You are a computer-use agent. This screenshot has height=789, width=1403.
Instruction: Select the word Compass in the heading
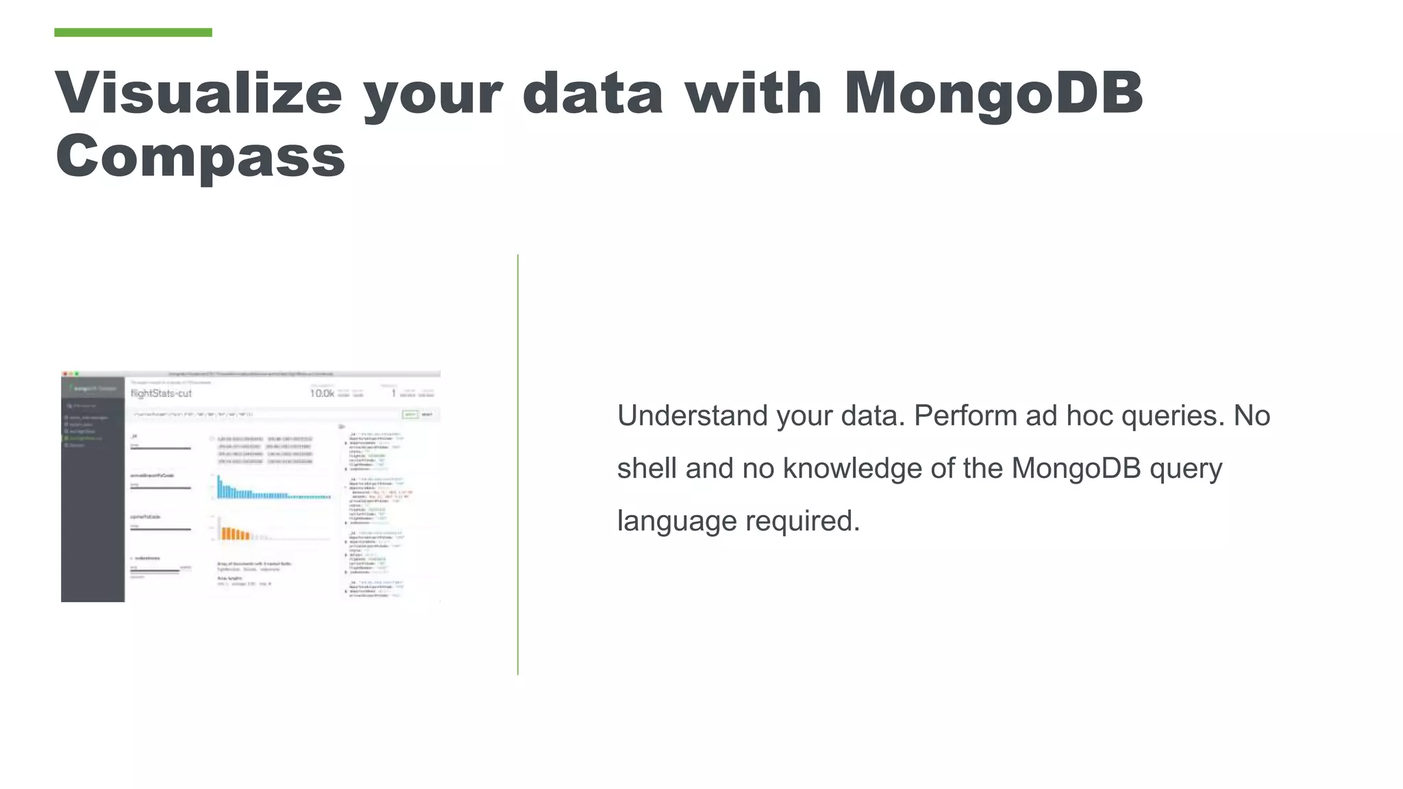tap(200, 156)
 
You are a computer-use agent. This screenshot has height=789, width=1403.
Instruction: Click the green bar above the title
tap(133, 32)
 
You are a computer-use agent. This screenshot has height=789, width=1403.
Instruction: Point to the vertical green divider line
tap(518, 466)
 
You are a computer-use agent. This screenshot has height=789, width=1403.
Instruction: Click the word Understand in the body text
tap(693, 416)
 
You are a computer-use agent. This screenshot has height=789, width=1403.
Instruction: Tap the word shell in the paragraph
tap(647, 468)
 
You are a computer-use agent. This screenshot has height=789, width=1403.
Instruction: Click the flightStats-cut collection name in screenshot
tap(161, 393)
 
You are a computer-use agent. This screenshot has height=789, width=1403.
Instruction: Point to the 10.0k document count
tap(322, 393)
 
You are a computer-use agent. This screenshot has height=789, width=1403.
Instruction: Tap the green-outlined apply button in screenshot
tap(410, 414)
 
